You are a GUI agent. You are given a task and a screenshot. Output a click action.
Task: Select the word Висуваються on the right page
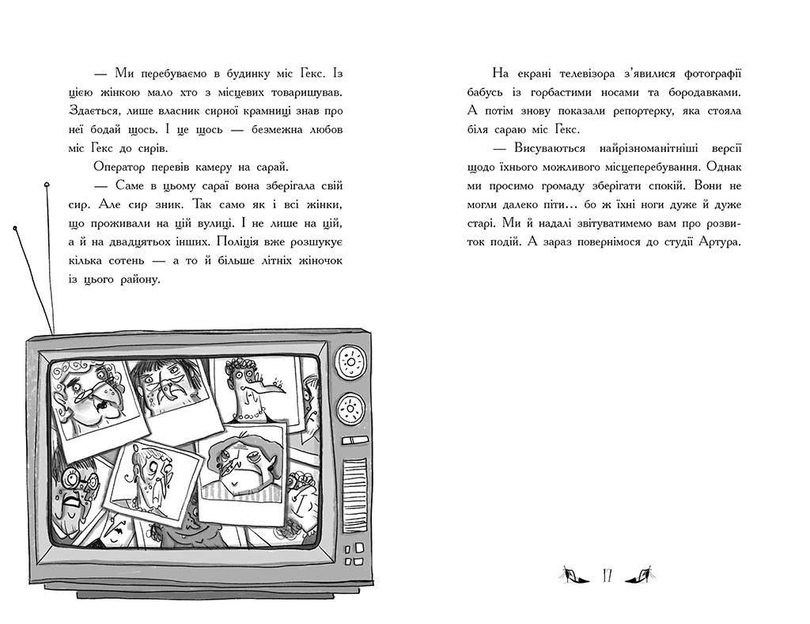(550, 148)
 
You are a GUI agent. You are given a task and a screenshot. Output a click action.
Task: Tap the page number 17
(607, 576)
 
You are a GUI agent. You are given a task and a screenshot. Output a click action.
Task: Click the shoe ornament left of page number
(574, 575)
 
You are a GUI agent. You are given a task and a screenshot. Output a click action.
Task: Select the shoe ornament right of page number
(640, 575)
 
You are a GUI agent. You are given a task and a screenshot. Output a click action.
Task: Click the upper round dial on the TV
(352, 360)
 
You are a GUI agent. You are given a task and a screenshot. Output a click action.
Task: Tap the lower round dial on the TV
(351, 409)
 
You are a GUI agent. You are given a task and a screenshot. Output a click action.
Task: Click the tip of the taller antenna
(47, 184)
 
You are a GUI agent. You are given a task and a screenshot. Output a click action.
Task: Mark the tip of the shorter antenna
(15, 228)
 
